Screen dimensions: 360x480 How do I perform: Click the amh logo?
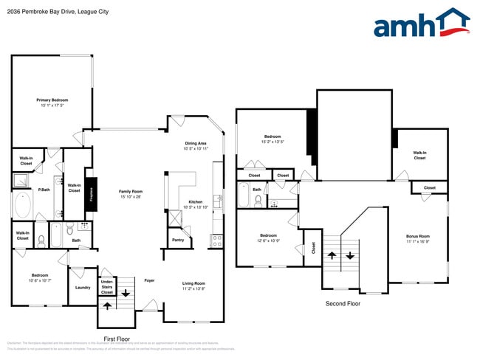pyautogui.click(x=421, y=24)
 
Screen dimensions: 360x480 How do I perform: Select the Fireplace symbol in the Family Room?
pyautogui.click(x=91, y=194)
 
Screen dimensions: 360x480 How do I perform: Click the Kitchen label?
pyautogui.click(x=196, y=201)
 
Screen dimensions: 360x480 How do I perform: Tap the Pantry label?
pyautogui.click(x=178, y=240)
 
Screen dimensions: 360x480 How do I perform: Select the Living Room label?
pyautogui.click(x=194, y=283)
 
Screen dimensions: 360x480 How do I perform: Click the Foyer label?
pyautogui.click(x=149, y=280)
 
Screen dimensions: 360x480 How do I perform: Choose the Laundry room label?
pyautogui.click(x=82, y=288)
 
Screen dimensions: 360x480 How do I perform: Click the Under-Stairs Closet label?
pyautogui.click(x=107, y=286)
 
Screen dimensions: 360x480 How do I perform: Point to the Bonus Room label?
pyautogui.click(x=417, y=237)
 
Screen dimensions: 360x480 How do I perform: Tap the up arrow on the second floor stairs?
pyautogui.click(x=332, y=255)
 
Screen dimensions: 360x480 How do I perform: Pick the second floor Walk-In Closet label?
pyautogui.click(x=419, y=155)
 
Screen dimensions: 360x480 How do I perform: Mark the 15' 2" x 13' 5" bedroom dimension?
pyautogui.click(x=272, y=142)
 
